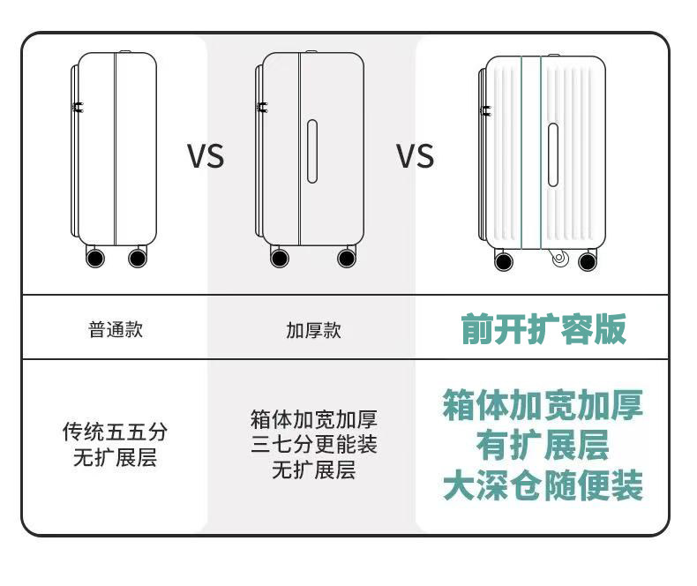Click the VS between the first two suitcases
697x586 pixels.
click(x=206, y=156)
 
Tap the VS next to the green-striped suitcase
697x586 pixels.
click(x=415, y=156)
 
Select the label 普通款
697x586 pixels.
click(x=115, y=330)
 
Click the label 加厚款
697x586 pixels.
click(x=313, y=330)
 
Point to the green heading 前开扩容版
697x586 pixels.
click(x=543, y=328)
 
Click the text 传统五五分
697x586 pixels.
click(x=115, y=432)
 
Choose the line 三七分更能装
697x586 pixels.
click(x=313, y=444)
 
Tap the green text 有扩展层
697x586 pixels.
click(x=543, y=445)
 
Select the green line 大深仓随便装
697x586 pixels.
click(x=543, y=486)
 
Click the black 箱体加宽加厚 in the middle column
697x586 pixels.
click(x=313, y=418)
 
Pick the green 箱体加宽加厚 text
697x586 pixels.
click(x=543, y=404)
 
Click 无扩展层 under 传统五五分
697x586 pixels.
click(x=115, y=459)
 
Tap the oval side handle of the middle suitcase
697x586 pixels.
click(x=311, y=151)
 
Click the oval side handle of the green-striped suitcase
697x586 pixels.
click(x=552, y=154)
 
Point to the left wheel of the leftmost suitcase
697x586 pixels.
click(x=94, y=258)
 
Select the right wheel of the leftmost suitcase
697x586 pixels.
click(x=138, y=258)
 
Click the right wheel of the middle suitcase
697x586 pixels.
click(x=347, y=258)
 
